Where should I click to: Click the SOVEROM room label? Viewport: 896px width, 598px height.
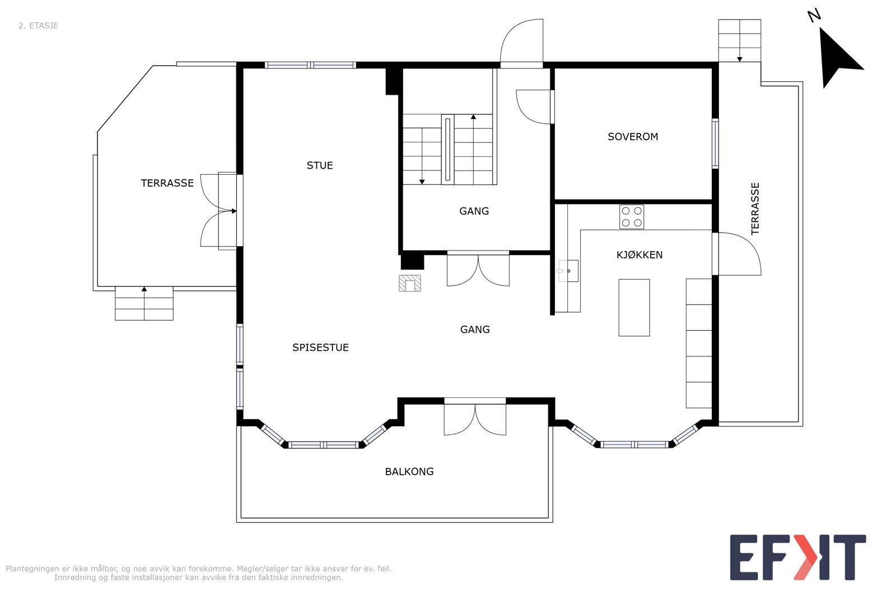[632, 137]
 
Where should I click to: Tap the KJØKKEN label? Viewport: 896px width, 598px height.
[639, 254]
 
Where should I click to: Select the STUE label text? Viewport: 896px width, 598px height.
[320, 165]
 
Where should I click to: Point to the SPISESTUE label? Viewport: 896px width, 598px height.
[320, 347]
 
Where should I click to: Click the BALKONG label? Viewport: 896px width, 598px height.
[409, 471]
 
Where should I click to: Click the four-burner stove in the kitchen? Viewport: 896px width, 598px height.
[632, 216]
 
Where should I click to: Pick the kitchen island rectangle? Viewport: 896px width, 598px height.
[634, 307]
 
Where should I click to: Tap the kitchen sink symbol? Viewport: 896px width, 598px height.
[568, 271]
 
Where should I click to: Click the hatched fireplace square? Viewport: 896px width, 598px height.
[409, 283]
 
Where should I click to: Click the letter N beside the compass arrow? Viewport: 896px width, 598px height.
[814, 16]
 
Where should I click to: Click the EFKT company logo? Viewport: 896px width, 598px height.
[797, 557]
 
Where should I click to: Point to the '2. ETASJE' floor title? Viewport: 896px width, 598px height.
[39, 26]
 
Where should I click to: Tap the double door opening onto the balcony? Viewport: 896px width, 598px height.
[475, 418]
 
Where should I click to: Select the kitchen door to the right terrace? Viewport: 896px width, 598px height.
[736, 254]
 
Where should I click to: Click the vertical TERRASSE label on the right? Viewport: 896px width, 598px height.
[755, 208]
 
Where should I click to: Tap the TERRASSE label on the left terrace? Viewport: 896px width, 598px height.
[167, 183]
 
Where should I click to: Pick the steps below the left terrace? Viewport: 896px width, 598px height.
[144, 303]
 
